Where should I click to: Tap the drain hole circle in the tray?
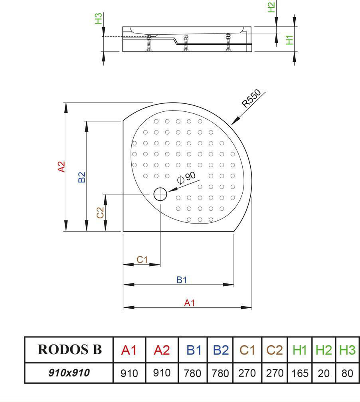point(160,194)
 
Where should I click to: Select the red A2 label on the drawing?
point(61,166)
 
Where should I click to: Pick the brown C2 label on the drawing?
point(101,212)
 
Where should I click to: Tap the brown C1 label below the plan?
point(142,259)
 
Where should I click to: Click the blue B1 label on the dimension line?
point(182,280)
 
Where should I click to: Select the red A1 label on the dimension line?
point(189,303)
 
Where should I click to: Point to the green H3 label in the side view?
point(99,18)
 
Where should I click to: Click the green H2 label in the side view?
point(271,7)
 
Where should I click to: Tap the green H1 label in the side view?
point(290,39)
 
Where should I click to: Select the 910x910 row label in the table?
point(69,373)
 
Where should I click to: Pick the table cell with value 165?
point(300,373)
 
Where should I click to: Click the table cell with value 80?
point(347,373)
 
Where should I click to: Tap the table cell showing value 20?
point(324,373)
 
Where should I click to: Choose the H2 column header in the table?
point(324,350)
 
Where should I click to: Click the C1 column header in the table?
point(247,350)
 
